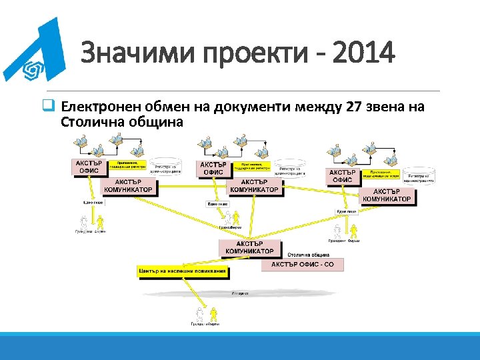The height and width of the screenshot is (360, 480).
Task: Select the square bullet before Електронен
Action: [48, 107]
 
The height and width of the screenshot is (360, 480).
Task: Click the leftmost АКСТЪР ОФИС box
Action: [89, 167]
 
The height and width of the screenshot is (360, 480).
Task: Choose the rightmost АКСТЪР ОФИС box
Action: [343, 175]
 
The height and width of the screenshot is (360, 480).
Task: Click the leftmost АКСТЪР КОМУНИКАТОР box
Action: [128, 186]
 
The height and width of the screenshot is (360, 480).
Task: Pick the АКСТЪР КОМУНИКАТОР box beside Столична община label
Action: [249, 247]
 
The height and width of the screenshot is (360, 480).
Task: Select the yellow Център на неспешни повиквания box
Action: [183, 272]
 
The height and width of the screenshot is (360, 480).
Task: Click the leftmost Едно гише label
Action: [93, 202]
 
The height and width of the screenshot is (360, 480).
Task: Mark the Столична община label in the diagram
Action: [308, 255]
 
